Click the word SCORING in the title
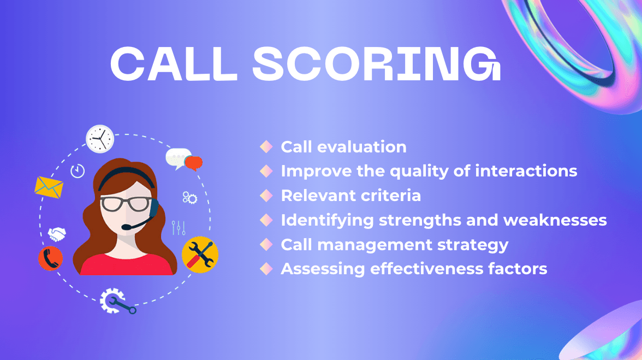point(376,63)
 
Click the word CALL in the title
point(174,63)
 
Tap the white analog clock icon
point(100,139)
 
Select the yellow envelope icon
point(49,187)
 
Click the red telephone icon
point(50,258)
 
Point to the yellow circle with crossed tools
point(200,255)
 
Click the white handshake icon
point(57,234)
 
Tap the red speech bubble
point(193,163)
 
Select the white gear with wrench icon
point(117,302)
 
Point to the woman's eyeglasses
point(126,204)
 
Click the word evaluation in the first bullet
point(362,147)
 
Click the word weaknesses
point(555,220)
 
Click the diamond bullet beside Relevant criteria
point(266,196)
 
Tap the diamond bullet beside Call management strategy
point(266,245)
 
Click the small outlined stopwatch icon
point(78,170)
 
